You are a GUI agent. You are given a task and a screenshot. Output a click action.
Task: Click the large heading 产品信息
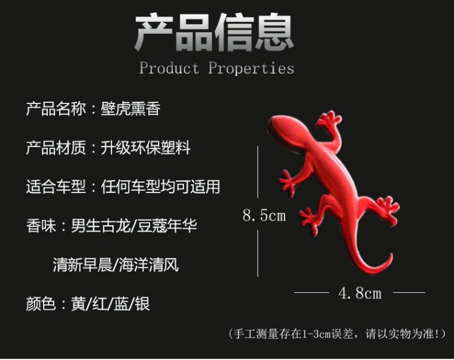click(x=214, y=33)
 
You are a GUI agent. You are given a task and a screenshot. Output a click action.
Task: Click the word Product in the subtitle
click(x=169, y=68)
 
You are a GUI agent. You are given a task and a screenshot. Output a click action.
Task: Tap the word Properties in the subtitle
click(x=251, y=69)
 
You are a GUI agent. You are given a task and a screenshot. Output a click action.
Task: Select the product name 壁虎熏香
click(x=131, y=109)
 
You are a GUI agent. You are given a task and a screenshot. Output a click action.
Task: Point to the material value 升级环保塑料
click(x=146, y=148)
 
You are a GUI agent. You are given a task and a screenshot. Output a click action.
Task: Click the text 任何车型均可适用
click(x=160, y=186)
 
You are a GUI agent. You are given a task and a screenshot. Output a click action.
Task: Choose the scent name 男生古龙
click(x=100, y=225)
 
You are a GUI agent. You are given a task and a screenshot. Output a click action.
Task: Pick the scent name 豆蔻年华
click(x=167, y=225)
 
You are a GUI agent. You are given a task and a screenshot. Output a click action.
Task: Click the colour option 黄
click(x=78, y=303)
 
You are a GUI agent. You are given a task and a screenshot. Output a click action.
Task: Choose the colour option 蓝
click(x=121, y=303)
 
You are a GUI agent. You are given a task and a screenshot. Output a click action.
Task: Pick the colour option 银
click(x=142, y=303)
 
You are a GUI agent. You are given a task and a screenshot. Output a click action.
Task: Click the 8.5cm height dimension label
click(x=264, y=215)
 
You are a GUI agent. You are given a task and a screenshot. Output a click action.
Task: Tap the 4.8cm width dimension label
click(x=360, y=293)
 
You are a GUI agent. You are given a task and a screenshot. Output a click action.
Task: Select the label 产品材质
click(x=56, y=148)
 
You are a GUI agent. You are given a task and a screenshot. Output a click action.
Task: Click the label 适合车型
click(x=56, y=186)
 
